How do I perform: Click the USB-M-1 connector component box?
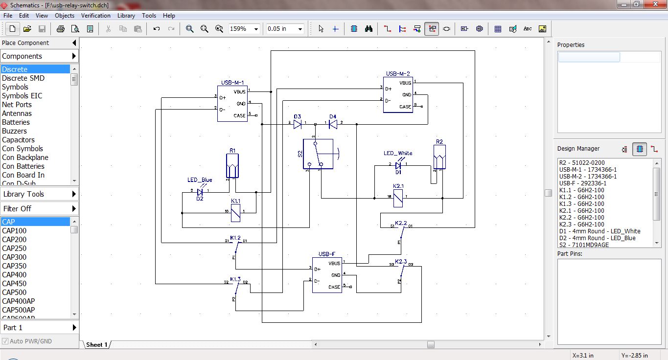click(232, 103)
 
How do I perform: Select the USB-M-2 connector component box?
click(397, 95)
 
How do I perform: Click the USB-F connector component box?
click(327, 275)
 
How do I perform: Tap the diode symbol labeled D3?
click(298, 125)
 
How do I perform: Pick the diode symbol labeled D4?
click(333, 125)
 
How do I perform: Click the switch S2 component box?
click(318, 154)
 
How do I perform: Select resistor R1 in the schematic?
click(232, 166)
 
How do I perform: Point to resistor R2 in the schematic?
click(439, 157)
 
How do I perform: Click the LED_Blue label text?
click(200, 180)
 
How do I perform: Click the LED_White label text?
click(398, 153)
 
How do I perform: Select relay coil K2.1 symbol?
click(398, 198)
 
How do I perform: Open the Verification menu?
click(95, 16)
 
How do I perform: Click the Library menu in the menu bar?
click(126, 16)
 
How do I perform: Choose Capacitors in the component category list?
click(18, 140)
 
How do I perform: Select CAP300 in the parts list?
click(14, 257)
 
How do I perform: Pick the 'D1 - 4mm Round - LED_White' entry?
click(599, 231)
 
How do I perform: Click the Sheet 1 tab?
click(96, 345)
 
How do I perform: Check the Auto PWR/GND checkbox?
click(5, 341)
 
